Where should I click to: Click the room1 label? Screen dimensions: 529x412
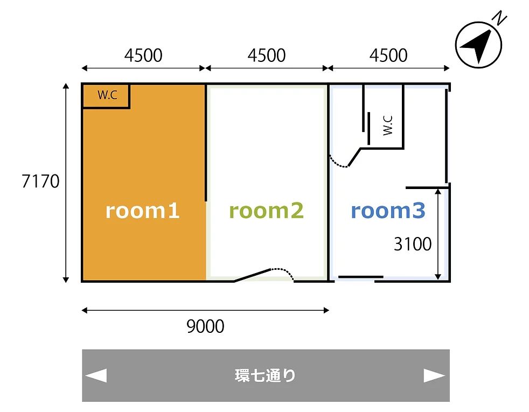142,211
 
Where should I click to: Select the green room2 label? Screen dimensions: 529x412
266,211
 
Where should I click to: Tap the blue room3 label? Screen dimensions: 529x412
388,211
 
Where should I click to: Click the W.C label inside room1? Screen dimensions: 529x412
107,95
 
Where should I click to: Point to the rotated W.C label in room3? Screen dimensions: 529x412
388,125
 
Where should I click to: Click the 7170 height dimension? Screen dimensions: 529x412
40,181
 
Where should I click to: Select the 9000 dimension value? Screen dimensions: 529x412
205,326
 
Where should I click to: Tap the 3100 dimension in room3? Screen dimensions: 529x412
413,244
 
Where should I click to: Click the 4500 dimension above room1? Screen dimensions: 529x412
143,55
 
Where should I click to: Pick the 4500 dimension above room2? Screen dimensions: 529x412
267,55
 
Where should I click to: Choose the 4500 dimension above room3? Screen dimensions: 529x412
388,55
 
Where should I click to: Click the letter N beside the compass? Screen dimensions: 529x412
499,18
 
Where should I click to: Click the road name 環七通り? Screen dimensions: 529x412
265,375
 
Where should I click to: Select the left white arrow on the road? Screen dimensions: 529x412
96,375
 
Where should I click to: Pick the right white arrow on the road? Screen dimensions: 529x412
434,375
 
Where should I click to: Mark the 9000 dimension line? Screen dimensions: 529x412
205,310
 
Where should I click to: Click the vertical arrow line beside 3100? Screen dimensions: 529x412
438,234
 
